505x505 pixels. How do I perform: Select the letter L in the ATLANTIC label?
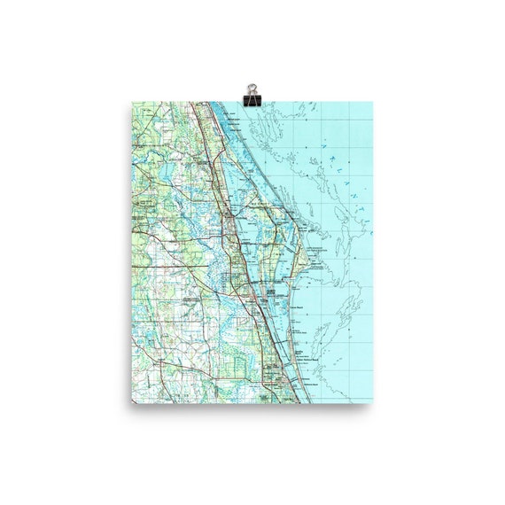330,158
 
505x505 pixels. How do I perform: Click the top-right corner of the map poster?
373,102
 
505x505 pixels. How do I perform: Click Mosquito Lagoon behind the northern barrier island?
235,142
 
